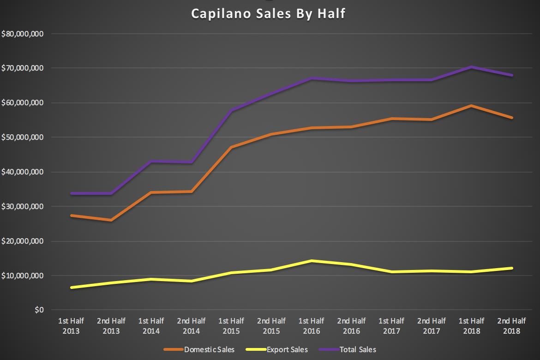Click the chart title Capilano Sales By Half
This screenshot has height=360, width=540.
coord(268,14)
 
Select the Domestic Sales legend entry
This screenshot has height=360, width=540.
coord(209,349)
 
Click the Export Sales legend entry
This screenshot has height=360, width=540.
coord(286,349)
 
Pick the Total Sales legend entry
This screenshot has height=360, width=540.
coord(357,349)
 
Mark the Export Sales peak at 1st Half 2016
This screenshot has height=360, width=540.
coord(312,261)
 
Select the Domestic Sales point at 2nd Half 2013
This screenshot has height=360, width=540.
coord(111,220)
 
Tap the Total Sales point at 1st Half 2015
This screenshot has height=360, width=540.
coord(231,110)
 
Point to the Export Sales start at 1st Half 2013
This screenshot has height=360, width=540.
coord(71,288)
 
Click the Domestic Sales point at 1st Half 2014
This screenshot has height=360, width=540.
coord(151,192)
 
